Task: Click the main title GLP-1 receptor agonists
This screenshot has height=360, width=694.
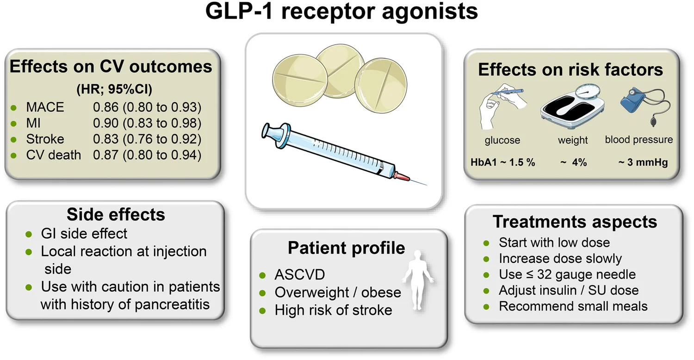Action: [342, 12]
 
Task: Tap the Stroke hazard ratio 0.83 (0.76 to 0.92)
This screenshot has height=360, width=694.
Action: [147, 139]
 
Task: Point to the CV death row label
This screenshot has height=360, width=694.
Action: [54, 155]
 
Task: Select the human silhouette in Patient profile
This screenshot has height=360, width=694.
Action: [419, 280]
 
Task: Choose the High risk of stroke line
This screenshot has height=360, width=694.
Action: [333, 310]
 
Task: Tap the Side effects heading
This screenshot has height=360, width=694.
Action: [116, 214]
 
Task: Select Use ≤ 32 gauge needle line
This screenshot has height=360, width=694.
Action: [567, 274]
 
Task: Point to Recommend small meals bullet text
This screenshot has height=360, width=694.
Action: [573, 306]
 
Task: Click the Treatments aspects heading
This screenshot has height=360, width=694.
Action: [575, 222]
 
